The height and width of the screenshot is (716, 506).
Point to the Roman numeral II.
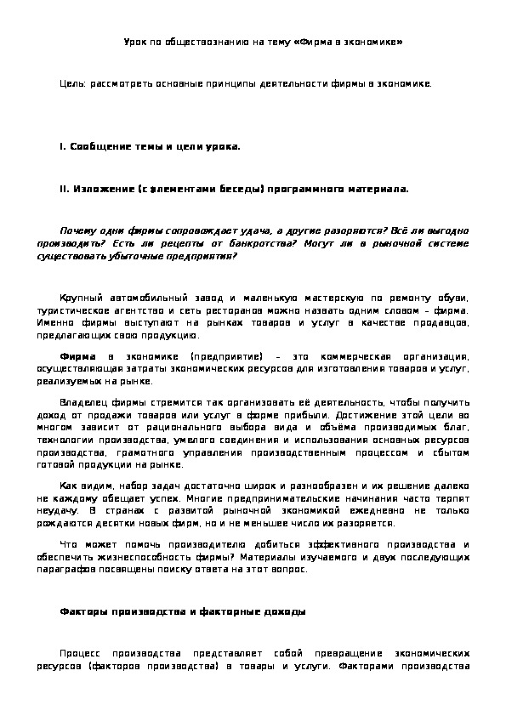point(64,189)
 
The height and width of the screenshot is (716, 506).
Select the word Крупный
point(82,298)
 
